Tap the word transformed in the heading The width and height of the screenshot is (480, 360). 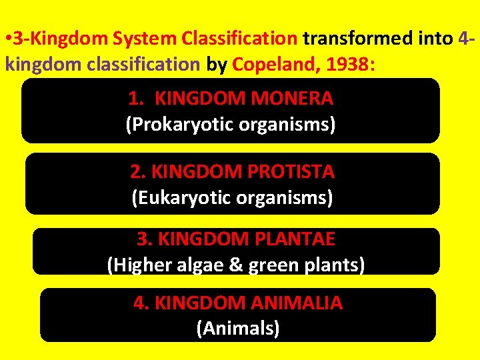pyautogui.click(x=356, y=39)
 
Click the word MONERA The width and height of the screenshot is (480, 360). pyautogui.click(x=293, y=99)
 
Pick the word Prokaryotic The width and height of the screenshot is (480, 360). pyautogui.click(x=175, y=124)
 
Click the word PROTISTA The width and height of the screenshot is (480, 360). pyautogui.click(x=291, y=172)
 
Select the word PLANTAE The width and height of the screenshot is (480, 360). pyautogui.click(x=289, y=239)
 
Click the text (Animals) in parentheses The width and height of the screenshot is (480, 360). pyautogui.click(x=238, y=328)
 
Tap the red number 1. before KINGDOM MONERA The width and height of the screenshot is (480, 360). pyautogui.click(x=136, y=99)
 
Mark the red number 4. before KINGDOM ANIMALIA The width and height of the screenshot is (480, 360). pyautogui.click(x=141, y=303)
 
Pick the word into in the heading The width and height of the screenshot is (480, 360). pyautogui.click(x=435, y=39)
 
